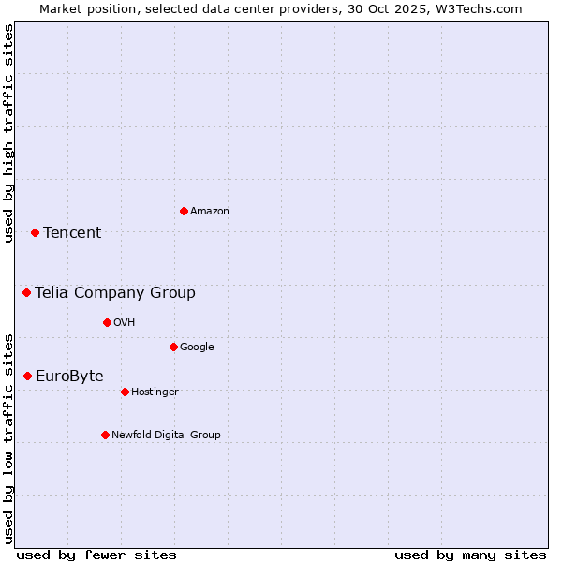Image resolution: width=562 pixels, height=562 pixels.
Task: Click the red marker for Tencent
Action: pyautogui.click(x=35, y=232)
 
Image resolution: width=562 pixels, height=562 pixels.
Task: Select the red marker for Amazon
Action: pyautogui.click(x=184, y=211)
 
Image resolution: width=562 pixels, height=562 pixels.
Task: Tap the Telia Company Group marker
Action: pyautogui.click(x=26, y=292)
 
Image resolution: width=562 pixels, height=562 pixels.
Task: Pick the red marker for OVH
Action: pyautogui.click(x=107, y=322)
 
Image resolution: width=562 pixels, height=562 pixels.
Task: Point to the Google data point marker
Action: pyautogui.click(x=173, y=347)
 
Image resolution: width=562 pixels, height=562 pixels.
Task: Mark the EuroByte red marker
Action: pyautogui.click(x=27, y=376)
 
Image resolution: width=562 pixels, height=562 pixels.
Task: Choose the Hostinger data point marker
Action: pyautogui.click(x=125, y=392)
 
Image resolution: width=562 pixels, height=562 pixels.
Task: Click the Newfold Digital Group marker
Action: pyautogui.click(x=105, y=435)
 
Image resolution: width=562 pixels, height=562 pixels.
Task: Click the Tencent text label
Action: pyautogui.click(x=72, y=232)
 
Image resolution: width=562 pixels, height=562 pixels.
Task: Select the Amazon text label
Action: pyautogui.click(x=210, y=211)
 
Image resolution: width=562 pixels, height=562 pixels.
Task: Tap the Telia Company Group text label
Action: pyautogui.click(x=115, y=292)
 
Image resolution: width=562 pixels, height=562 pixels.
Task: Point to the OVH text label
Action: pyautogui.click(x=125, y=322)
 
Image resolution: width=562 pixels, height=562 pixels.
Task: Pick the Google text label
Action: pyautogui.click(x=197, y=347)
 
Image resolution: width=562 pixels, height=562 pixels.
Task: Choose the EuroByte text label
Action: pyautogui.click(x=69, y=376)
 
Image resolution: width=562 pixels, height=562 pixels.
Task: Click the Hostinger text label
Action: pyautogui.click(x=155, y=392)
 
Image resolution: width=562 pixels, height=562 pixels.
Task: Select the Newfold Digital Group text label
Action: pyautogui.click(x=166, y=435)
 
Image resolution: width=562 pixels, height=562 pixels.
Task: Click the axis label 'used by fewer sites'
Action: pyautogui.click(x=96, y=555)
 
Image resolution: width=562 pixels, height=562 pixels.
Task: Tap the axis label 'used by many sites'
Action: pyautogui.click(x=470, y=555)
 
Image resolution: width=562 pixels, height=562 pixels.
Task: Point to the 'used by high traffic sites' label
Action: pyautogui.click(x=8, y=133)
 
